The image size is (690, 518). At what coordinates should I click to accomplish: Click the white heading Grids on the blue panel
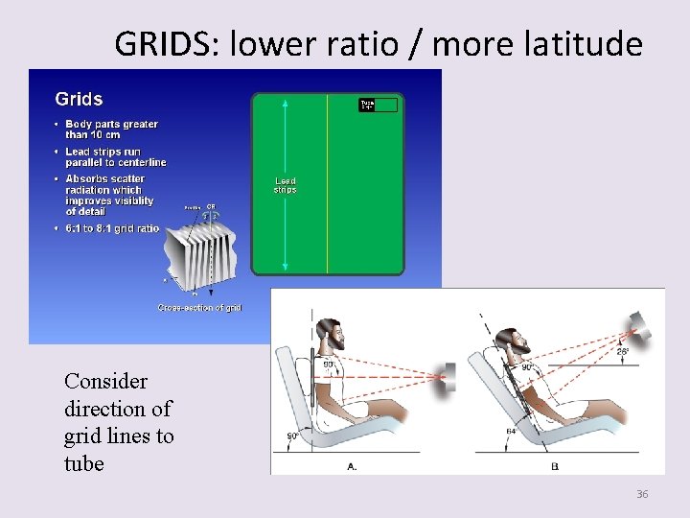tap(79, 99)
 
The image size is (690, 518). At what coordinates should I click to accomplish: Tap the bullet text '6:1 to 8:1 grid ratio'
tap(112, 228)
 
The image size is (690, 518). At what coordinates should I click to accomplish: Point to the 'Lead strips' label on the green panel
tap(286, 185)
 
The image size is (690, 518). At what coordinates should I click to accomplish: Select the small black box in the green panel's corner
tap(378, 105)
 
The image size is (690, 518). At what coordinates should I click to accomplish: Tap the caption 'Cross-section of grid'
tap(199, 307)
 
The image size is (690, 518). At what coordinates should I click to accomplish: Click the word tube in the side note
tap(84, 463)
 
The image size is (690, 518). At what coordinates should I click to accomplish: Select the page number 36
tap(642, 494)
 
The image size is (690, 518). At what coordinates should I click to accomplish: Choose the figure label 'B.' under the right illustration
tap(555, 466)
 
